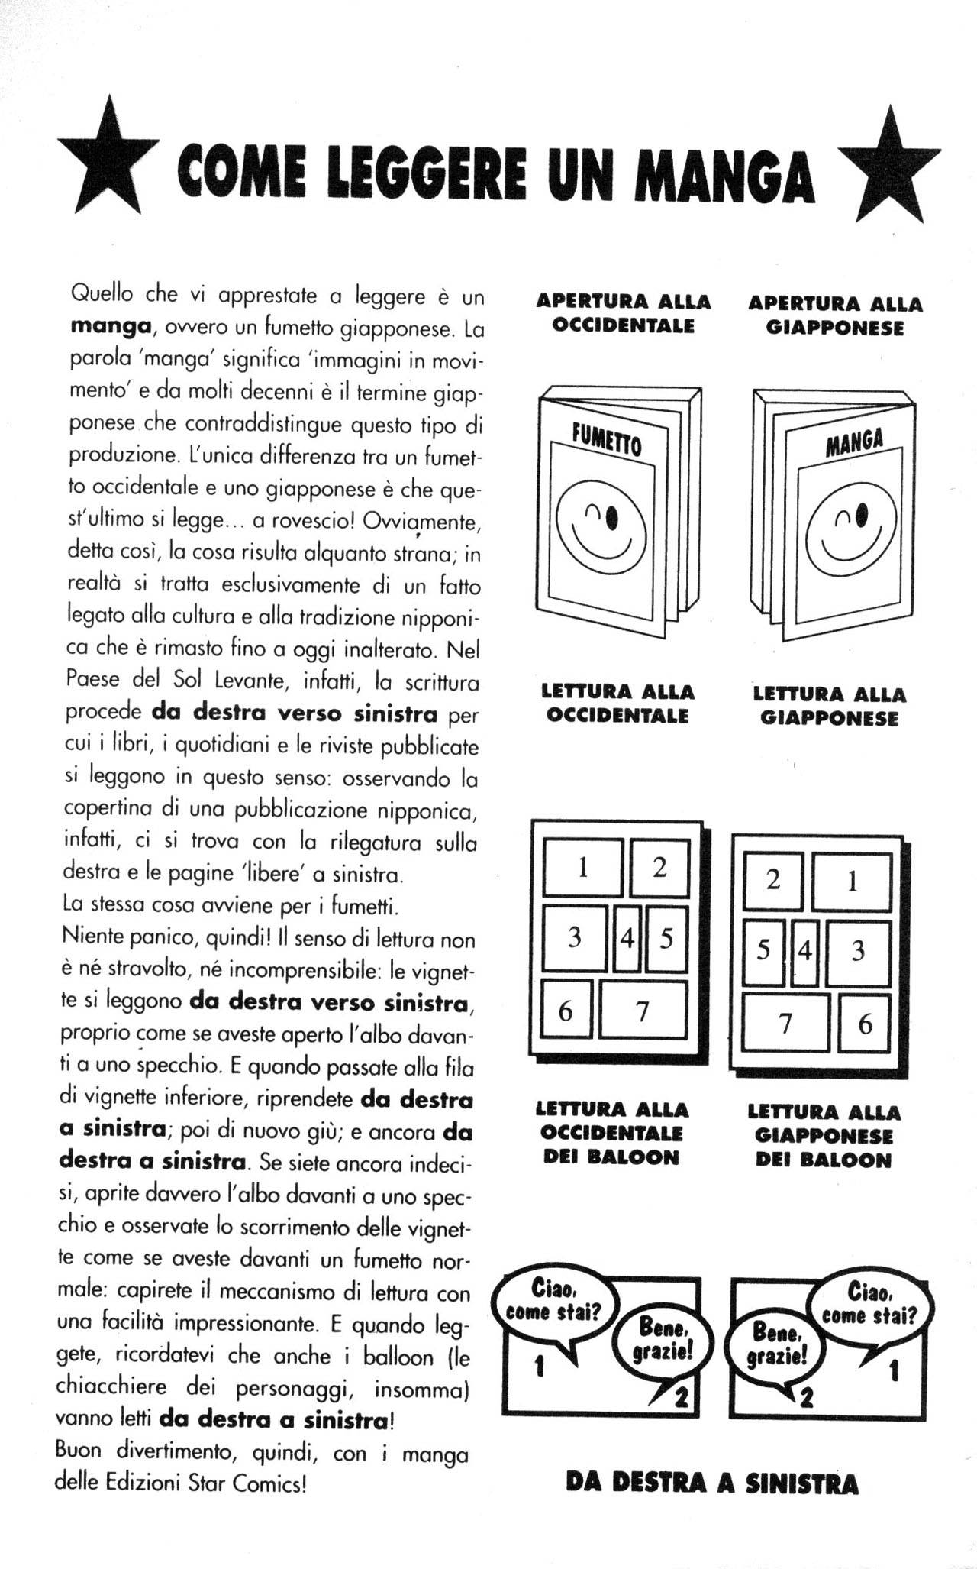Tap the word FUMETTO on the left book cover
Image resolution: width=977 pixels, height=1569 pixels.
(607, 440)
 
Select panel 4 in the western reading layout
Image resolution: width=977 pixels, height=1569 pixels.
(627, 938)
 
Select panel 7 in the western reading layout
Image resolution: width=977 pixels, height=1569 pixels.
(643, 1011)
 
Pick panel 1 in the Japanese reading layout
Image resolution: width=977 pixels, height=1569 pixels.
(852, 882)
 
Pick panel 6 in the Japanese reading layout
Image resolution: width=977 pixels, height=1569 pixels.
(864, 1024)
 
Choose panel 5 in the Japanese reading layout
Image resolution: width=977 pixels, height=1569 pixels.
(763, 951)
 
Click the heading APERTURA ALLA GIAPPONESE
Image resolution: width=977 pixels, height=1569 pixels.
(835, 315)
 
